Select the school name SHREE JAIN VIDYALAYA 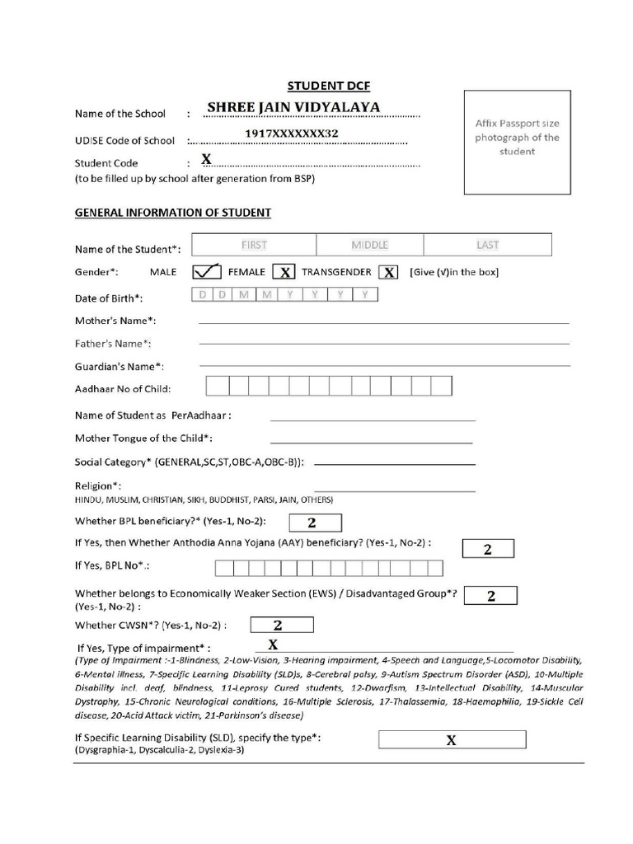293,107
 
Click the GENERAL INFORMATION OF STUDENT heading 173,213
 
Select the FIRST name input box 254,245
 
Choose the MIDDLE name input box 370,245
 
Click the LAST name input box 487,245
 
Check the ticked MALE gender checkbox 206,271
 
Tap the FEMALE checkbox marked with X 284,272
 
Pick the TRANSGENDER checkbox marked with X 388,272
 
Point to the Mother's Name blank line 383,321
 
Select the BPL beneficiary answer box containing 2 312,522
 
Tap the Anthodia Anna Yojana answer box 488,549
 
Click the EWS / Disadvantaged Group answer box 491,596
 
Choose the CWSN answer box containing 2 278,626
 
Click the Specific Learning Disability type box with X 452,739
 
